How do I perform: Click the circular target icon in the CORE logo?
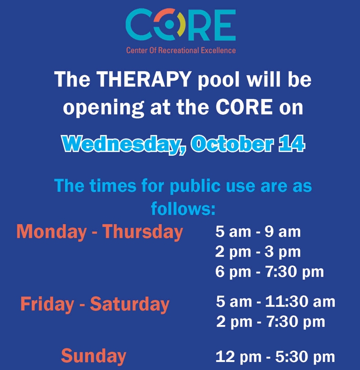tap(169, 24)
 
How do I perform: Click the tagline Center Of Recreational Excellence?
tap(181, 50)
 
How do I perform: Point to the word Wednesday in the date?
tap(124, 144)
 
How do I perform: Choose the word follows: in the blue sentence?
tap(183, 208)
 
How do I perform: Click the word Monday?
tap(51, 232)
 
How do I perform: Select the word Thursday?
tap(143, 232)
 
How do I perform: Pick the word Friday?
tap(47, 304)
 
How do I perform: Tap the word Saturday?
tap(130, 304)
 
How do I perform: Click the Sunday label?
tap(94, 356)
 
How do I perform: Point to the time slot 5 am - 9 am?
tap(258, 232)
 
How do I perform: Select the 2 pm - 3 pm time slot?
tap(258, 252)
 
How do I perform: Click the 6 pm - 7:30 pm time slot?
tap(270, 271)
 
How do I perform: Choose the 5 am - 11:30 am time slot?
tap(275, 302)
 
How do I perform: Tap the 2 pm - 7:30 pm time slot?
tap(270, 322)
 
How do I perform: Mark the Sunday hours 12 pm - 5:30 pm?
tap(275, 356)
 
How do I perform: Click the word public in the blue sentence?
tap(195, 186)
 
